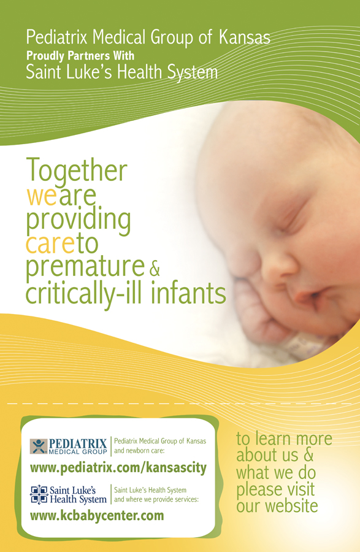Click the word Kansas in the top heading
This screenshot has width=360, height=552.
coord(243,37)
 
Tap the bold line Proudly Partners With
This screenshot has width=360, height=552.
coord(80,56)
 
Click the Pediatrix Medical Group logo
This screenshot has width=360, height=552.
coord(69,447)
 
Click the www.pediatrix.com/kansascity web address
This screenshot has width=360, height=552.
coord(118,469)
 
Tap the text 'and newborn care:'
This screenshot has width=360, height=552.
coord(144,451)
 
